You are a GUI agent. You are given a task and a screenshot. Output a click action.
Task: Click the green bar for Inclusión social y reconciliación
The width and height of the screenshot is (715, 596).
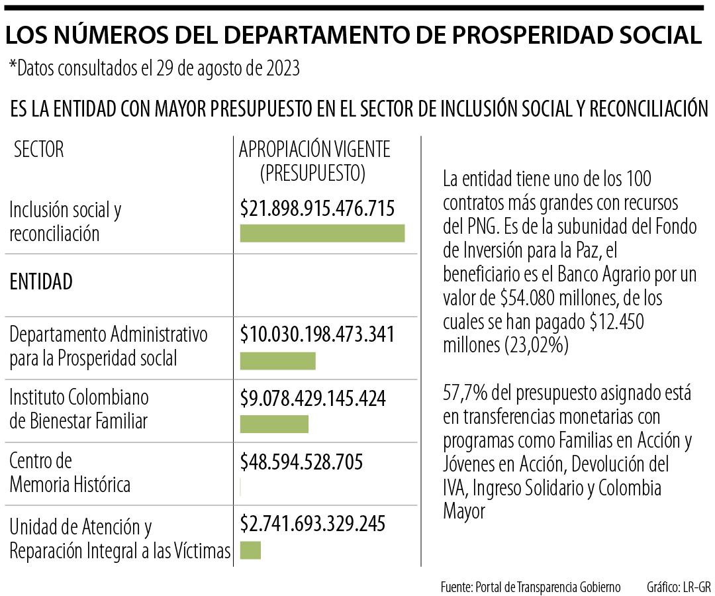tap(322, 233)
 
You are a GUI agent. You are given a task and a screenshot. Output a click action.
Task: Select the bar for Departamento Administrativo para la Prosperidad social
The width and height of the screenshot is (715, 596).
tap(277, 361)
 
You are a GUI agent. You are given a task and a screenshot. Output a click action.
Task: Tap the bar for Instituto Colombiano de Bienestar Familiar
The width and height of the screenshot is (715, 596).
tap(274, 424)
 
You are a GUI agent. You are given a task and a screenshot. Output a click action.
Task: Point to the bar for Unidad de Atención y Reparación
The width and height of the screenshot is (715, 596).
tap(250, 550)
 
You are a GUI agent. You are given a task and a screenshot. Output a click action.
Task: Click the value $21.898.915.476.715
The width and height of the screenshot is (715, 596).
tap(317, 209)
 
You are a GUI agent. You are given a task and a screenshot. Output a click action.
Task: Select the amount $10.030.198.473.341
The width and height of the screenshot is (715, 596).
tap(317, 334)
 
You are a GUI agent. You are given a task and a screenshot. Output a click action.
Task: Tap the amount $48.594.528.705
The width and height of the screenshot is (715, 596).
tap(301, 461)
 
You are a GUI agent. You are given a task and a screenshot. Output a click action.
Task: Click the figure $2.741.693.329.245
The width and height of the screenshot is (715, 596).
tap(312, 524)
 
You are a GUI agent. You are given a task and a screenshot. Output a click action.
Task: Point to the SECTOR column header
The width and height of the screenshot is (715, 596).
tap(39, 150)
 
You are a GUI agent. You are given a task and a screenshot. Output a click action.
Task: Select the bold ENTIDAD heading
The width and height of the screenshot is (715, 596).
tap(41, 281)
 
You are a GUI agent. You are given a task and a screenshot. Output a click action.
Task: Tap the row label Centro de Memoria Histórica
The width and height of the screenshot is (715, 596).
tap(70, 472)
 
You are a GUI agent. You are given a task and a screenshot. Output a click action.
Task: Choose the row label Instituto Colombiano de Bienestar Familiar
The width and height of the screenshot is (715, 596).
tap(78, 409)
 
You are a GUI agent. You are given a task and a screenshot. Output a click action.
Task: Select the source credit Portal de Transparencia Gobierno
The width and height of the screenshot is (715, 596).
tap(530, 587)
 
